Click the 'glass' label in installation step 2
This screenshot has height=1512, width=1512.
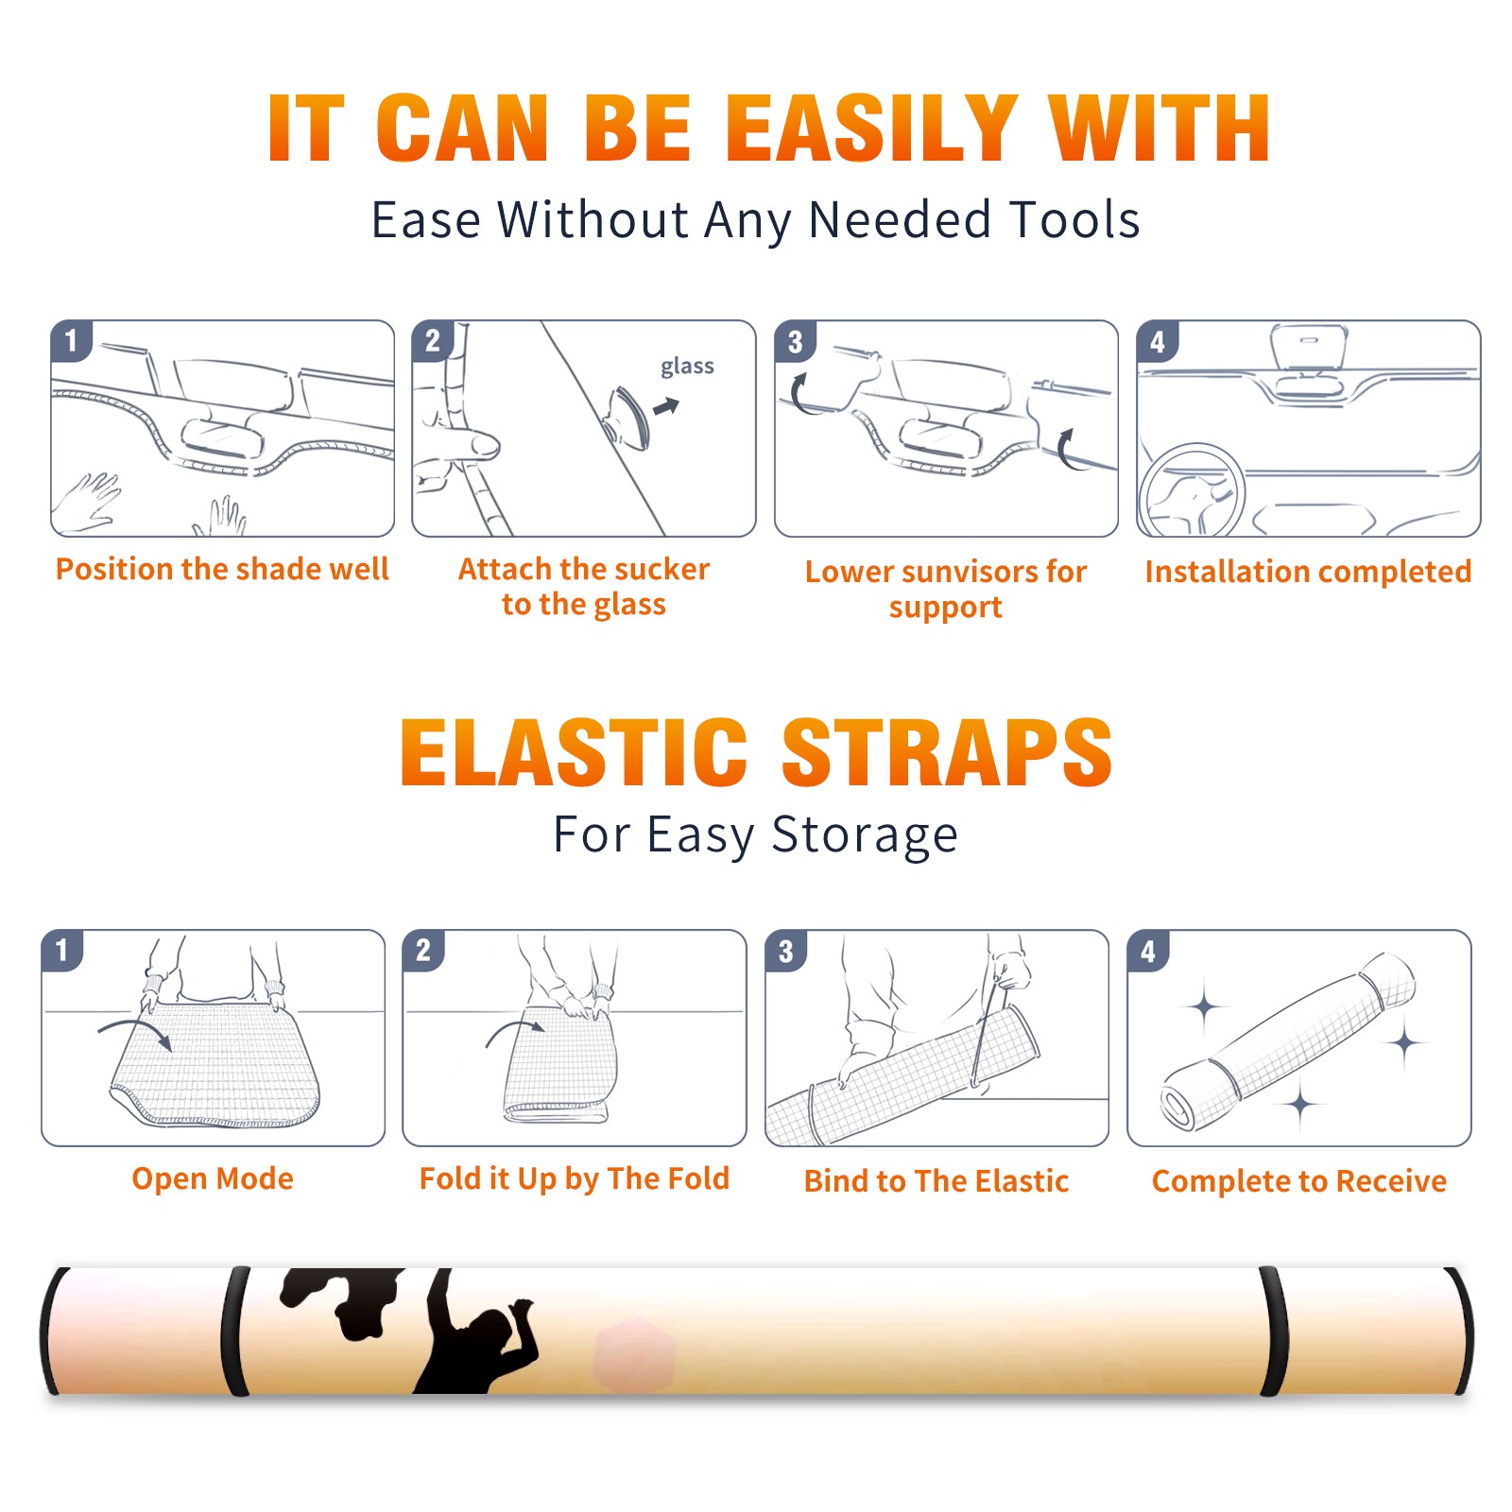687,367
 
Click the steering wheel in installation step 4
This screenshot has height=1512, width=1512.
1191,491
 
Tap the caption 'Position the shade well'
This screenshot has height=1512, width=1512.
222,569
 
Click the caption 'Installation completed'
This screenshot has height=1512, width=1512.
1308,572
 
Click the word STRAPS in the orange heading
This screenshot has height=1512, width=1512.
947,752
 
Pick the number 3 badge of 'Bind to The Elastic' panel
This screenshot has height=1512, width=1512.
786,951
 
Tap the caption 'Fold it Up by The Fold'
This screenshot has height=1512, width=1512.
575,1178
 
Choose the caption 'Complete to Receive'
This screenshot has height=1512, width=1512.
1299,1181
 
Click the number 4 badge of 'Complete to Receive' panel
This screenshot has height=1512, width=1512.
1148,951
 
